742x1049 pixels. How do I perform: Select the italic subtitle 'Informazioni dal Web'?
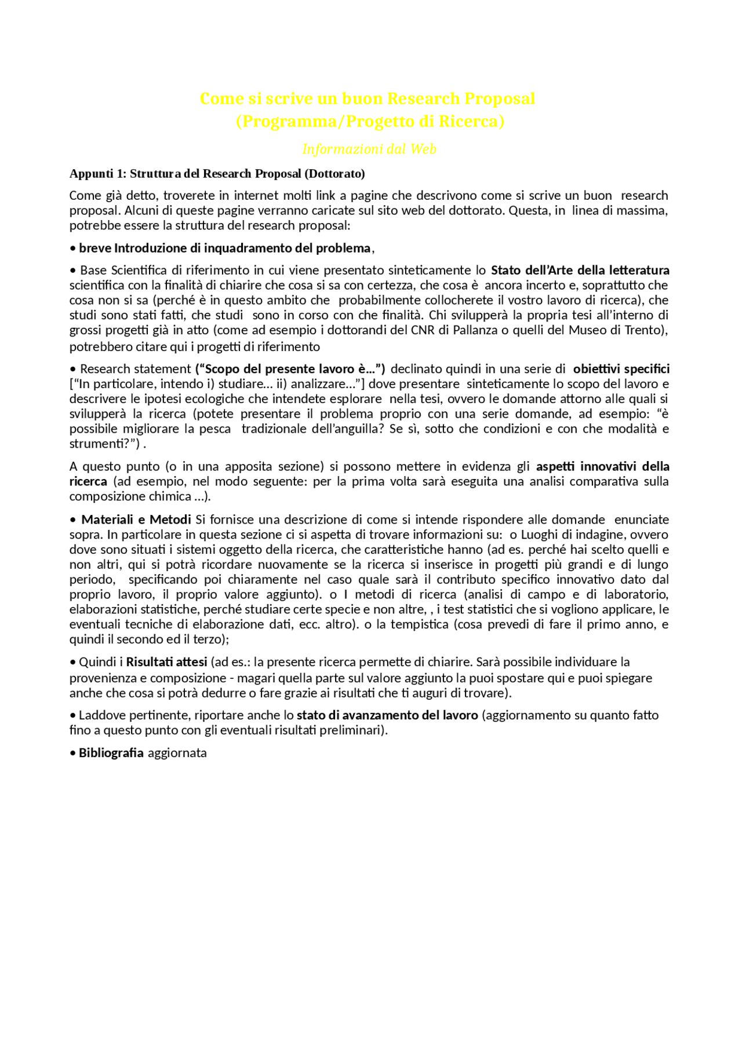[369, 149]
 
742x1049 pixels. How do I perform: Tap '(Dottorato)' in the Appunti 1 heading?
[334, 174]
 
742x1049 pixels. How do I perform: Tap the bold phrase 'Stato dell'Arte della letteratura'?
[580, 270]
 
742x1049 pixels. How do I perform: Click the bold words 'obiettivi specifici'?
[621, 369]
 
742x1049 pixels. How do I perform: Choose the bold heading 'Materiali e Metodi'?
[136, 520]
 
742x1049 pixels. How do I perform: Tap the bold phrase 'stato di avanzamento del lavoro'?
[387, 715]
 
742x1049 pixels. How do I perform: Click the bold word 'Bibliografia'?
[111, 753]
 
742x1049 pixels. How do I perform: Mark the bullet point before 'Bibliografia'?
[73, 753]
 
